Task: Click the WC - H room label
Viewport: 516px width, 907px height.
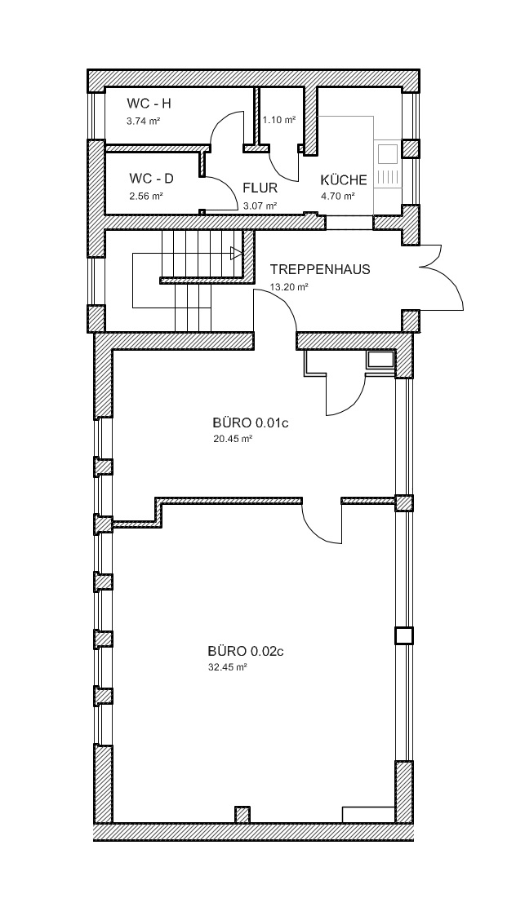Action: click(x=149, y=104)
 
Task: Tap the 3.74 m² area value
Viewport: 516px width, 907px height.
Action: click(x=143, y=122)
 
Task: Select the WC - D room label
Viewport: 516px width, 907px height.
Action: click(x=151, y=179)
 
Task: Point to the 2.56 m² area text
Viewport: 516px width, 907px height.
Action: click(x=146, y=196)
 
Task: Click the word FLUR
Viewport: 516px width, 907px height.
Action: click(x=260, y=188)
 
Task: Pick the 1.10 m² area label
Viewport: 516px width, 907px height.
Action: click(x=279, y=120)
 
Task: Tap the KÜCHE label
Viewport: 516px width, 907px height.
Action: click(x=344, y=180)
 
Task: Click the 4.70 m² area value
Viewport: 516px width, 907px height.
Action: click(x=338, y=196)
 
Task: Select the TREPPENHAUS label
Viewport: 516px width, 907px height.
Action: click(x=320, y=269)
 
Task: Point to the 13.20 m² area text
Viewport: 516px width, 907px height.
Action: click(x=289, y=286)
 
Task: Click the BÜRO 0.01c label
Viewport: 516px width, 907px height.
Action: click(x=251, y=423)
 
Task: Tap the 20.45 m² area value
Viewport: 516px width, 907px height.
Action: click(x=233, y=439)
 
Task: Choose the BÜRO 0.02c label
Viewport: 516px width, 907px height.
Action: click(x=246, y=652)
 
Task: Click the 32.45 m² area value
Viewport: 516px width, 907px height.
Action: click(x=228, y=667)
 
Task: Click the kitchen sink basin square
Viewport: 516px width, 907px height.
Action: click(x=388, y=154)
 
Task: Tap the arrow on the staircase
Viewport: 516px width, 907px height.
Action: click(x=236, y=254)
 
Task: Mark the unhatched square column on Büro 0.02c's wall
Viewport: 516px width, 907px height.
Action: click(x=404, y=635)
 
